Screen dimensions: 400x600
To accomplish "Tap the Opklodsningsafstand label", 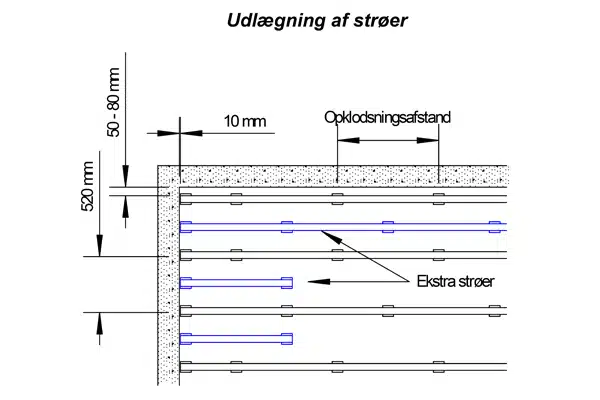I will tap(387, 117).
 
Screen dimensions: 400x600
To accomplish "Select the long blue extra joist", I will tap(340, 225).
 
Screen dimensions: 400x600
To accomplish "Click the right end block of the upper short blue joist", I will tap(288, 281).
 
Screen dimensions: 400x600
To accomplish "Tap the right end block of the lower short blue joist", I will tap(288, 337).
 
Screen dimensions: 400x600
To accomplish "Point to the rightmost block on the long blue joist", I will tap(493, 225).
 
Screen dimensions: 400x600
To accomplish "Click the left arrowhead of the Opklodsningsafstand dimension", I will tap(342, 141).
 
